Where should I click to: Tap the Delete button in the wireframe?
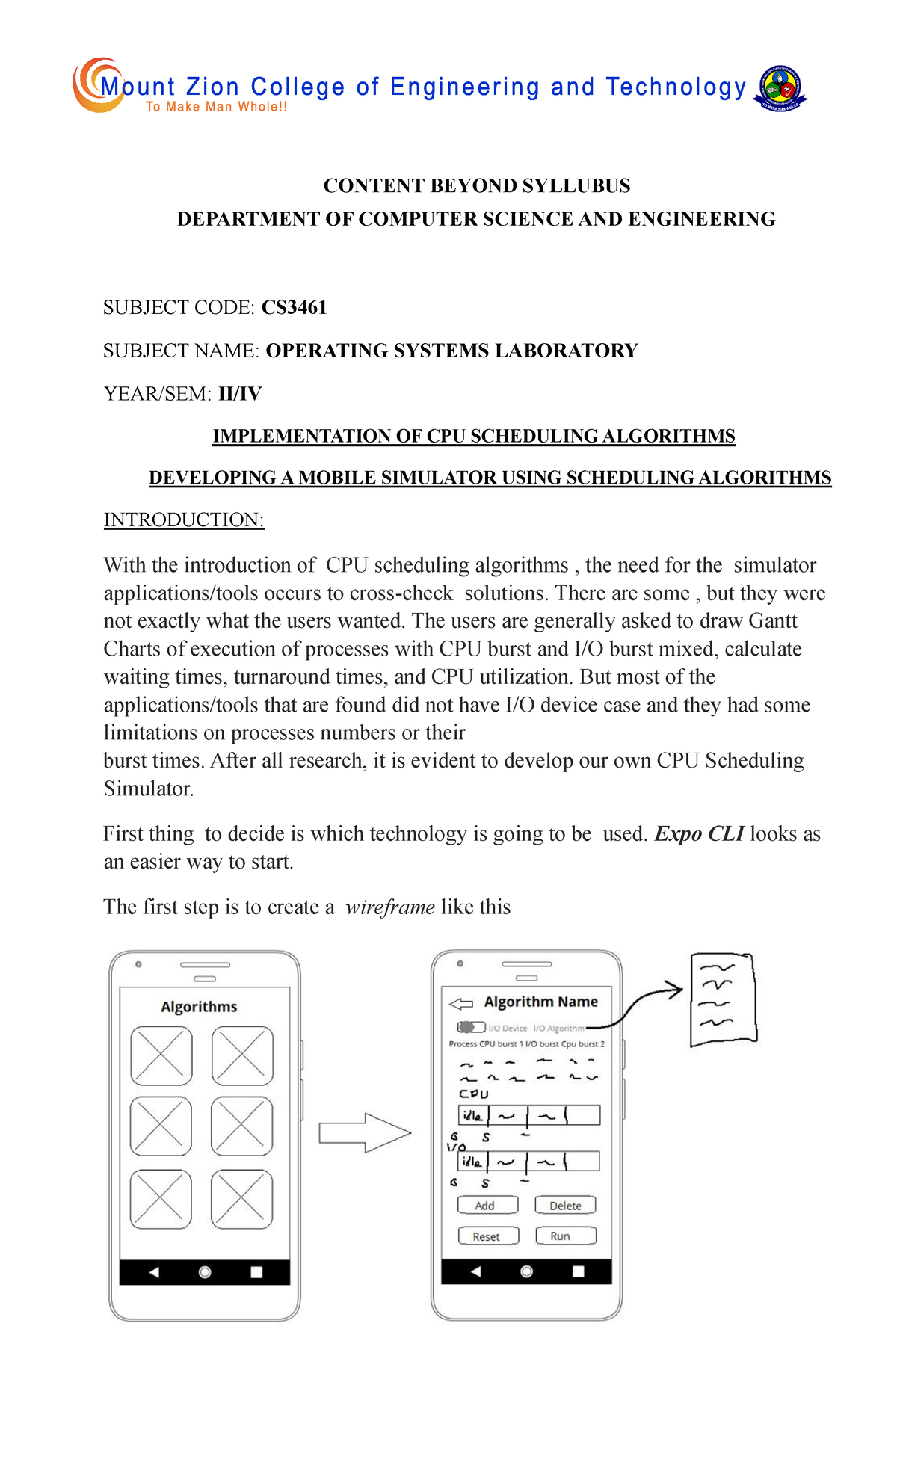click(565, 1205)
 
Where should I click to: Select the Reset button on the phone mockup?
click(487, 1236)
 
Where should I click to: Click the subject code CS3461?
click(294, 307)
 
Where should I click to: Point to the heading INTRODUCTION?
click(184, 519)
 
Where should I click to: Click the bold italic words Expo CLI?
click(699, 833)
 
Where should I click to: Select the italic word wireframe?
click(389, 907)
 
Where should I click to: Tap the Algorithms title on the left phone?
click(199, 1007)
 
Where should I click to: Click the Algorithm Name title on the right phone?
click(540, 1002)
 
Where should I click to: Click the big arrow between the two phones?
click(364, 1132)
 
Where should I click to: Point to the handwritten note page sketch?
click(722, 999)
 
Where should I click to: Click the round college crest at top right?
click(780, 87)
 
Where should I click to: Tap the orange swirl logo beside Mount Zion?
click(96, 85)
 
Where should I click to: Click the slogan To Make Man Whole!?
click(217, 107)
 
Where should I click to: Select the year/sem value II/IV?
click(240, 394)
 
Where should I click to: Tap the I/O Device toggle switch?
click(471, 1027)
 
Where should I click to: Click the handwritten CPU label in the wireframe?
click(473, 1094)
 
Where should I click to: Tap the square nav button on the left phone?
click(256, 1272)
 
